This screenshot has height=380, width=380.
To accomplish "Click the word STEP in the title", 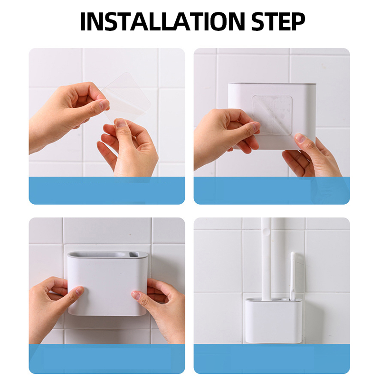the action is pyautogui.click(x=278, y=21).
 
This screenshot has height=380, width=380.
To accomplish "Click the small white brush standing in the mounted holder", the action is pyautogui.click(x=293, y=276).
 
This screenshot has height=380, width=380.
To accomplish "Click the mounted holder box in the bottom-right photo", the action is pyautogui.click(x=274, y=320).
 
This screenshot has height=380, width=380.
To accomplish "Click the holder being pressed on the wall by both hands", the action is pyautogui.click(x=107, y=284).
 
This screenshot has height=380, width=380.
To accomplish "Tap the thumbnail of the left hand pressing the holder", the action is pyautogui.click(x=79, y=291).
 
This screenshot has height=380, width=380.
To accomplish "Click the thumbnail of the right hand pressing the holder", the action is pyautogui.click(x=136, y=295).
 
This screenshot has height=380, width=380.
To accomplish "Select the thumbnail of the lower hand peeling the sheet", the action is pyautogui.click(x=121, y=123).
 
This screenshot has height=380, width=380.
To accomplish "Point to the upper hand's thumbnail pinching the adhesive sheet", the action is pyautogui.click(x=104, y=104).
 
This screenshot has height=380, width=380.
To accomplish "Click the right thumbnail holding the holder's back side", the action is pyautogui.click(x=301, y=138).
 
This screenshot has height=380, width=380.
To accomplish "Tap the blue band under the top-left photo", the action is pyautogui.click(x=107, y=190).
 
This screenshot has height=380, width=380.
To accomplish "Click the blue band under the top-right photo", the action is pyautogui.click(x=272, y=190).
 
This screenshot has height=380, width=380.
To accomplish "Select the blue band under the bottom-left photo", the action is pyautogui.click(x=107, y=359).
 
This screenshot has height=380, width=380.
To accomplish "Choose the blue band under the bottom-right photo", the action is pyautogui.click(x=272, y=359).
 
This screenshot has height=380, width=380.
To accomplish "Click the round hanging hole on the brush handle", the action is pyautogui.click(x=266, y=232).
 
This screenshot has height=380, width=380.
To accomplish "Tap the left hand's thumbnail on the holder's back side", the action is pyautogui.click(x=255, y=126).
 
